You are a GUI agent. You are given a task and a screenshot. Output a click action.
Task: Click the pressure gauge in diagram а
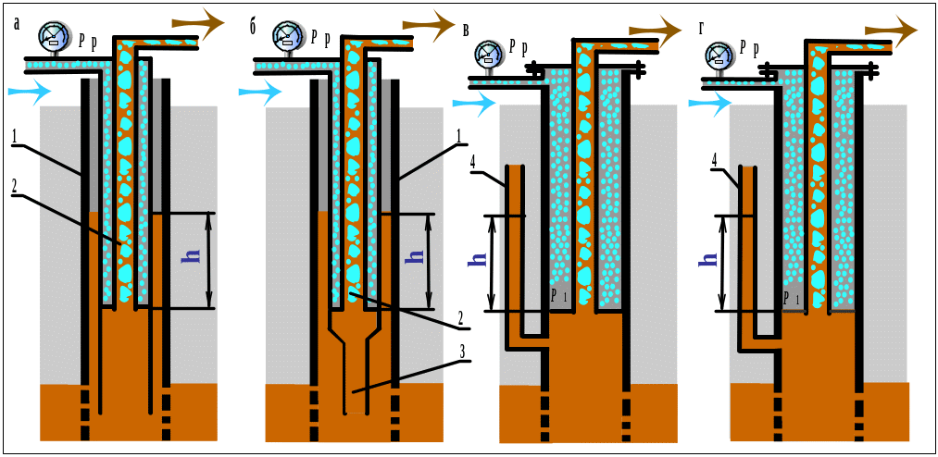click(54, 36)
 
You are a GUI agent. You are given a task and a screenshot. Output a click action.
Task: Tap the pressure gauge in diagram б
click(289, 36)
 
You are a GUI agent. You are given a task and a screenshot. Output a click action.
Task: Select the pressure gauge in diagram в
click(489, 55)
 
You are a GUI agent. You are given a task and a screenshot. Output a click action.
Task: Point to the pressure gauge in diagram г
click(719, 55)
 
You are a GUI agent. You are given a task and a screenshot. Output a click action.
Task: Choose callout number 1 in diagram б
click(458, 136)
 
